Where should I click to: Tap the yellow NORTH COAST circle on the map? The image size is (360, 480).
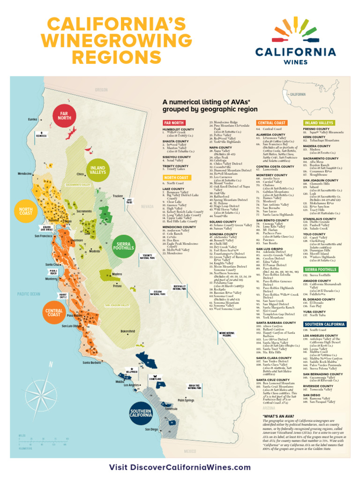click(x=26, y=211)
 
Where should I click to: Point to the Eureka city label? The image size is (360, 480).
click(x=32, y=120)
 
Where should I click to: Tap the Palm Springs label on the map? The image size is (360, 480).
click(x=186, y=400)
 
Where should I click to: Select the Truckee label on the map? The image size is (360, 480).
click(x=118, y=196)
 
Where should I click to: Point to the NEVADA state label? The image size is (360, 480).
click(x=147, y=206)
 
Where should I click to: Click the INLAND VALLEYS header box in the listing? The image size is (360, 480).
click(x=318, y=123)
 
